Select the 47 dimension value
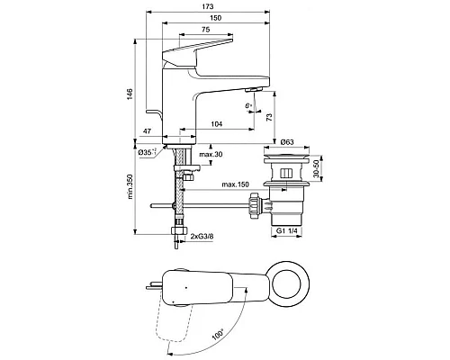pyautogui.click(x=147, y=133)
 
